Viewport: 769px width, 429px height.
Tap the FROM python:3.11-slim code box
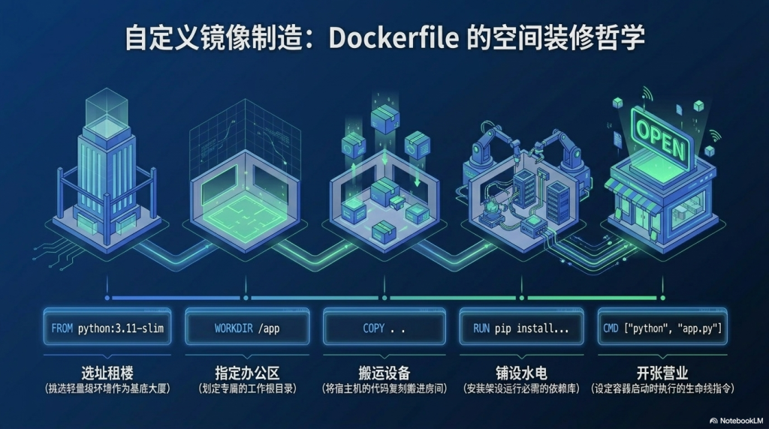point(107,328)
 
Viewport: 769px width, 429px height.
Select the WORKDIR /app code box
point(247,328)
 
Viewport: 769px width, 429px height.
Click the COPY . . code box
point(384,328)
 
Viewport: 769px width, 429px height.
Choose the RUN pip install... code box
point(521,328)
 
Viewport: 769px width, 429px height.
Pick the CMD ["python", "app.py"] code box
point(662,328)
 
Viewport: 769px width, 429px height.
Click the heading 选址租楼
point(107,373)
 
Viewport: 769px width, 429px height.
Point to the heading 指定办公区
point(247,373)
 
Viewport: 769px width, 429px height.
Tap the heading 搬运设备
point(384,373)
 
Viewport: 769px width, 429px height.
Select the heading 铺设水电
point(521,373)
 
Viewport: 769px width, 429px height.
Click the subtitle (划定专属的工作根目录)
point(247,389)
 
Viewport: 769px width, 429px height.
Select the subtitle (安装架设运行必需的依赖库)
point(521,389)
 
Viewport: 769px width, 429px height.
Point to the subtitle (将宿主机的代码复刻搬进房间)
point(384,389)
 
